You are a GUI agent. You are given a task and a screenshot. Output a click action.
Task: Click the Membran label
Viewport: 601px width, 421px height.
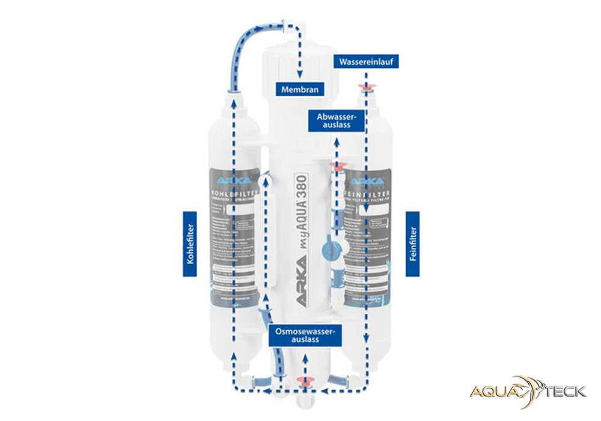tap(300, 90)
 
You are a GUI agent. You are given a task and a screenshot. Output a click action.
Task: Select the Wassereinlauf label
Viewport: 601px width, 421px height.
tap(364, 62)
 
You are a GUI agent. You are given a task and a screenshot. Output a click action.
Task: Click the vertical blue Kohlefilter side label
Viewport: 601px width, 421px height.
tap(191, 244)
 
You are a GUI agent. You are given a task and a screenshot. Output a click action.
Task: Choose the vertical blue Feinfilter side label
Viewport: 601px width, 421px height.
tap(412, 243)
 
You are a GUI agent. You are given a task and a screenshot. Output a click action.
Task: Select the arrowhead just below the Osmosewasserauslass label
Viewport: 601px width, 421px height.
tap(307, 357)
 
